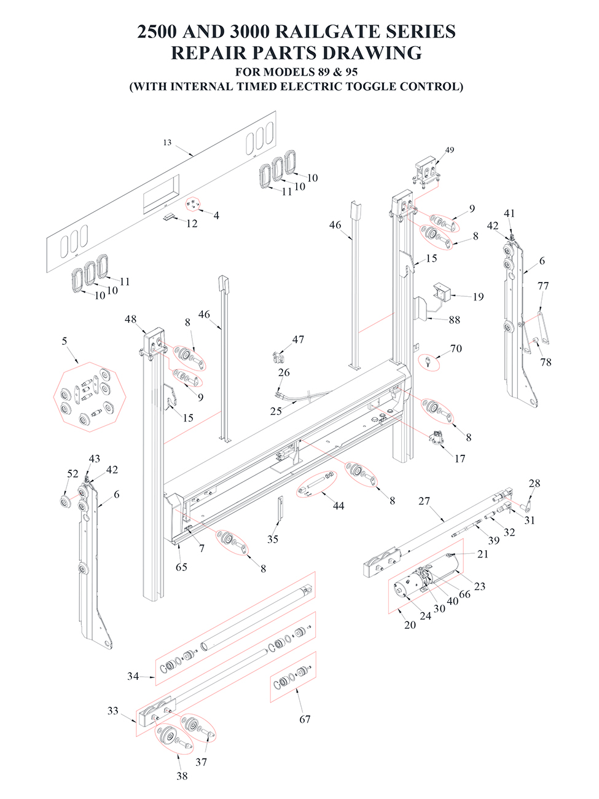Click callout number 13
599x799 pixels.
click(167, 143)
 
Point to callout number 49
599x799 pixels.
click(450, 150)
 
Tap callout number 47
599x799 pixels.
click(298, 339)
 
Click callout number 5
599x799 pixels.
click(65, 341)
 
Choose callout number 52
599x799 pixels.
click(72, 473)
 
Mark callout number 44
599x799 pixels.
click(339, 506)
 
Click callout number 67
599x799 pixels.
click(305, 719)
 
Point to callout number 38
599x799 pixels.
click(182, 776)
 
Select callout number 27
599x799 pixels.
click(424, 501)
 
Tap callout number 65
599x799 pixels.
click(181, 567)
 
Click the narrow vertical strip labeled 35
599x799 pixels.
click(280, 510)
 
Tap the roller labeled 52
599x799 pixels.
click(65, 500)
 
